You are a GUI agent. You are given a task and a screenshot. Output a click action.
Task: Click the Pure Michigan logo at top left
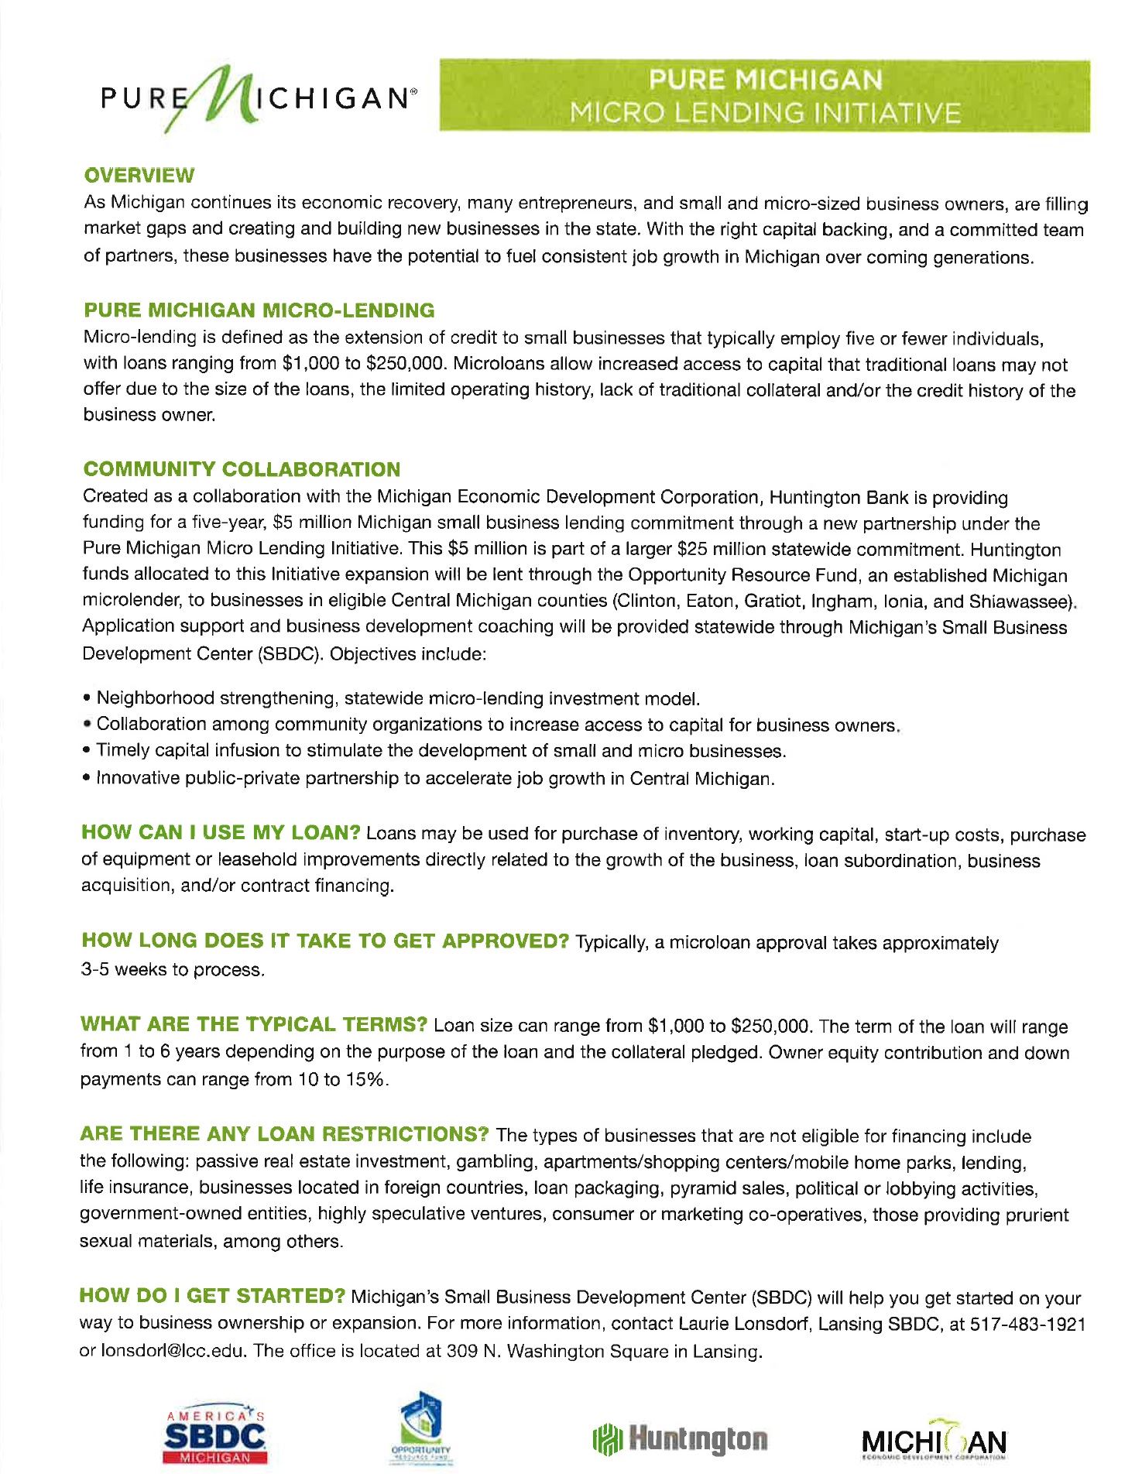255,98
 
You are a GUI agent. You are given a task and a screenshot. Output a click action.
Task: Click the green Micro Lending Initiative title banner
764,96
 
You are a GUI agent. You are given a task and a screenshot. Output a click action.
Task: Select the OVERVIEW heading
139,175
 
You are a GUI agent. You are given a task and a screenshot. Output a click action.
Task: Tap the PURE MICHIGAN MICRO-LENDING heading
259,310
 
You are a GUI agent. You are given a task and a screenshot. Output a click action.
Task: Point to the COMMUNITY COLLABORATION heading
242,469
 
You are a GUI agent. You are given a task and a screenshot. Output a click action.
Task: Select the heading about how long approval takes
325,941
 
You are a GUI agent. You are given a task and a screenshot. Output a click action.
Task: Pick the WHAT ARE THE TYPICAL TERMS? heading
254,1024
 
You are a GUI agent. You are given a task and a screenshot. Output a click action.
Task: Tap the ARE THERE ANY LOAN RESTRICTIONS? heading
284,1134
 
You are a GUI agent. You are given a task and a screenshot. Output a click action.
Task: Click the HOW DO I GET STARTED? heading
212,1296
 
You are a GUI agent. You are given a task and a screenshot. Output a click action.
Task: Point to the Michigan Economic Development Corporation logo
934,1438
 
